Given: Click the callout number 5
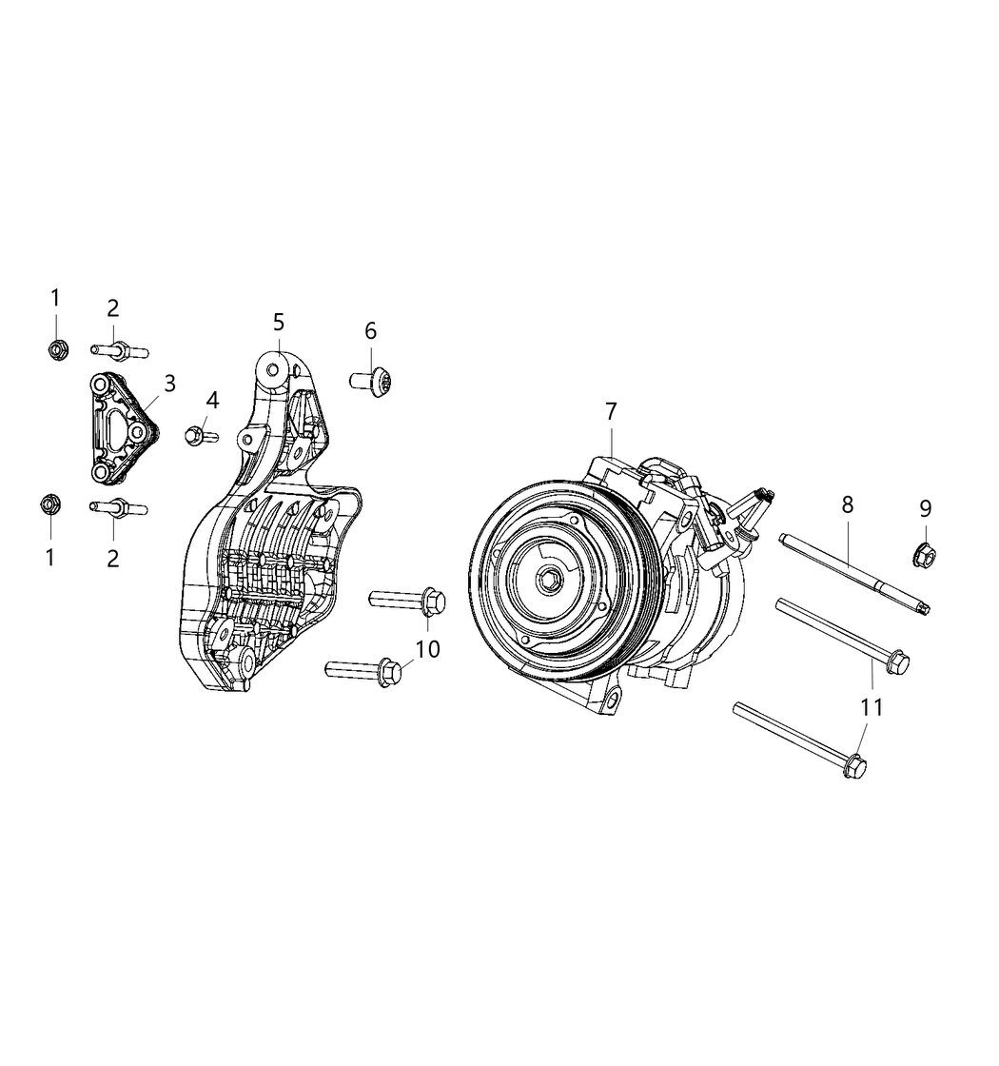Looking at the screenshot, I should point(278,323).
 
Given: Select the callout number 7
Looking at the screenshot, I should point(611,411).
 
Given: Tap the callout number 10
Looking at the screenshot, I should point(428,649).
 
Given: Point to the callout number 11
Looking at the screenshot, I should point(872,707).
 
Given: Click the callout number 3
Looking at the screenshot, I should point(169,384).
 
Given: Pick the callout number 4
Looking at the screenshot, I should point(212,400).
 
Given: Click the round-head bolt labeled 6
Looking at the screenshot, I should point(373,381).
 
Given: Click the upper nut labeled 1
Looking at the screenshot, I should point(55,349).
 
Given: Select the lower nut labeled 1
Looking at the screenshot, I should point(50,503).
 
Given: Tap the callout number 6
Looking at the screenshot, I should point(370,330).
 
